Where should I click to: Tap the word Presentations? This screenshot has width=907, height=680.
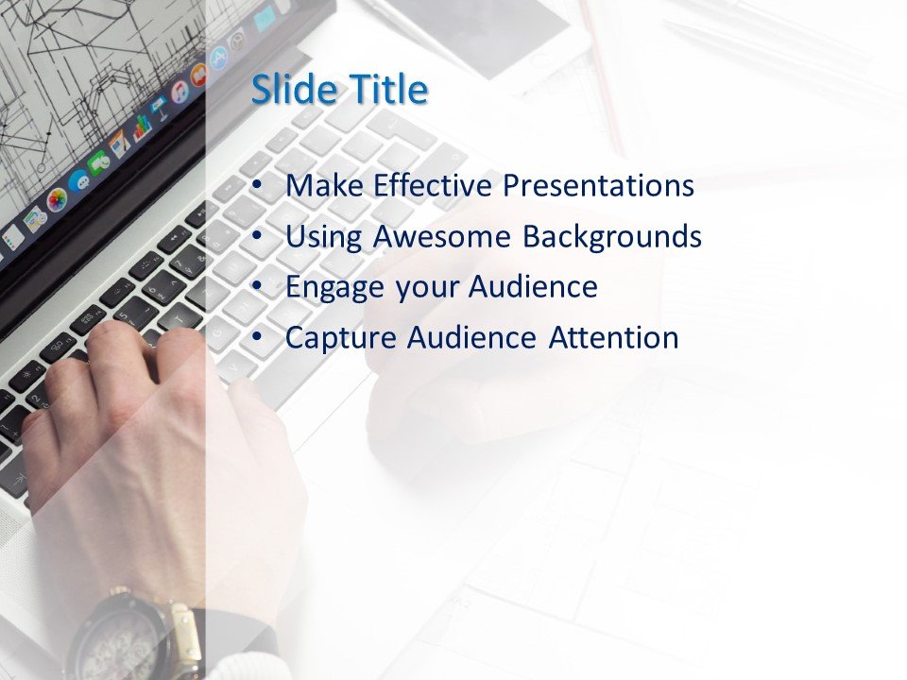pos(598,186)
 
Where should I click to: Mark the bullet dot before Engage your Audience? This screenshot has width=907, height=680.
pos(258,285)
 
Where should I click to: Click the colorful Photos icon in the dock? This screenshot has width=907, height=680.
pos(57,199)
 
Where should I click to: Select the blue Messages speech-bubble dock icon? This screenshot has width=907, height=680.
pos(79,180)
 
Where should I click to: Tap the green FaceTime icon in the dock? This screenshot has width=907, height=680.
pos(98,163)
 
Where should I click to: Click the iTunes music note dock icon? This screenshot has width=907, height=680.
pos(180,93)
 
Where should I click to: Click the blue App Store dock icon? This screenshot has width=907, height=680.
pos(218,59)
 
